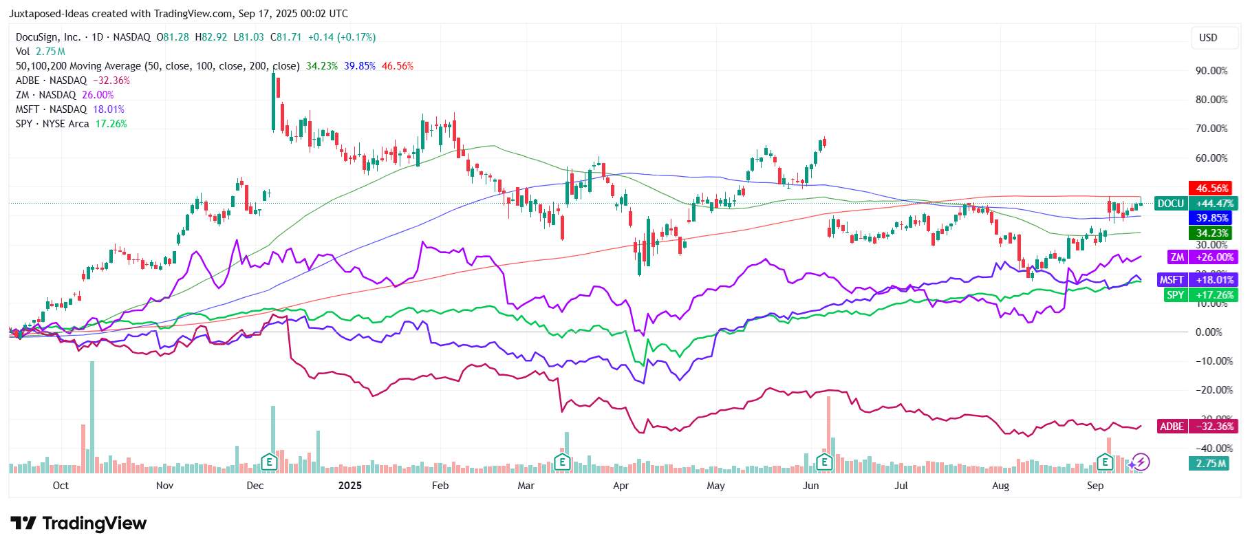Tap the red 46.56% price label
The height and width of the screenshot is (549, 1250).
1211,189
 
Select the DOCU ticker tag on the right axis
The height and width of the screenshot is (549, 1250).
1170,204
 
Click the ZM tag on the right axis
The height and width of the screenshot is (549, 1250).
1178,257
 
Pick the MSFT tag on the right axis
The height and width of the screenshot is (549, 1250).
1172,280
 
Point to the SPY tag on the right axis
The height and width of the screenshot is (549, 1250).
1175,295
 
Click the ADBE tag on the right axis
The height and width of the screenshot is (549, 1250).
1172,427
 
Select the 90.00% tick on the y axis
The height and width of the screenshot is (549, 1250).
1211,71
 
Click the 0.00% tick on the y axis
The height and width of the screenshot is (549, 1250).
1209,332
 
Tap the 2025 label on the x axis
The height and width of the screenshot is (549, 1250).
349,486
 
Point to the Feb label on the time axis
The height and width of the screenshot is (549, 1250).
440,486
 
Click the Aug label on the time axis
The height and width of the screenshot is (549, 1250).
1000,486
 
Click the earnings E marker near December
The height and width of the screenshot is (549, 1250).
269,462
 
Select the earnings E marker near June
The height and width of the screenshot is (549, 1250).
823,462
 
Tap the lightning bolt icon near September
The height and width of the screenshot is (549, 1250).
1141,462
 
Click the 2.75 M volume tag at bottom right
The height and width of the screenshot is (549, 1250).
1210,464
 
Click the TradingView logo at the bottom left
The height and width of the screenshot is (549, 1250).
78,524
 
